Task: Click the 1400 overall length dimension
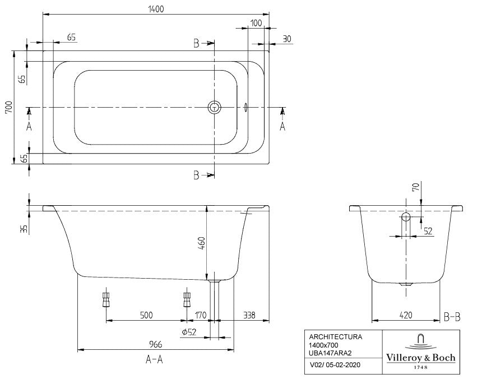[x=156, y=9]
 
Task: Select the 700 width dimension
[x=9, y=107]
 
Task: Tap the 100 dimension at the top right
[x=256, y=23]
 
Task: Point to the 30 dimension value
[x=286, y=39]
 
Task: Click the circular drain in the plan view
[x=214, y=107]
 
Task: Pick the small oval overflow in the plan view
[x=245, y=107]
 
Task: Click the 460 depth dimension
[x=201, y=243]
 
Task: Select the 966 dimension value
[x=156, y=344]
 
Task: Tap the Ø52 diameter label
[x=189, y=332]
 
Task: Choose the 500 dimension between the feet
[x=146, y=316]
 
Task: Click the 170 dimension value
[x=201, y=316]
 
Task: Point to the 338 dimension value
[x=249, y=316]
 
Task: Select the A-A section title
[x=154, y=359]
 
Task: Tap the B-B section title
[x=452, y=317]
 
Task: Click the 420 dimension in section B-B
[x=406, y=316]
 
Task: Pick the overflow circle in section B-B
[x=406, y=217]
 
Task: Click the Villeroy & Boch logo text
[x=420, y=358]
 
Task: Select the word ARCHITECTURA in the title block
[x=336, y=337]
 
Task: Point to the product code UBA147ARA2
[x=331, y=353]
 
